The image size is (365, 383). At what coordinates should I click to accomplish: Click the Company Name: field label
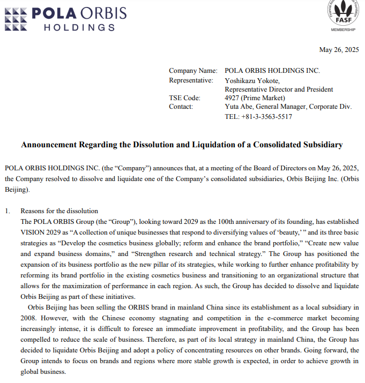[x=193, y=71]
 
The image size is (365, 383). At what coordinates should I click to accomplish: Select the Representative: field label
[x=191, y=80]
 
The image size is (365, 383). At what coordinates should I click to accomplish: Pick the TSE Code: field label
[x=184, y=98]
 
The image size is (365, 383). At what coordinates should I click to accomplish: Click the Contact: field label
[x=181, y=107]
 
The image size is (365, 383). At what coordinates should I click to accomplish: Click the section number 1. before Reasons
[x=8, y=211]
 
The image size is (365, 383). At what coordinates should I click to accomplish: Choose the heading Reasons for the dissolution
[x=59, y=211]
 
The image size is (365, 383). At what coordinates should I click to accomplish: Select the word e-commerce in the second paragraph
[x=257, y=318]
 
